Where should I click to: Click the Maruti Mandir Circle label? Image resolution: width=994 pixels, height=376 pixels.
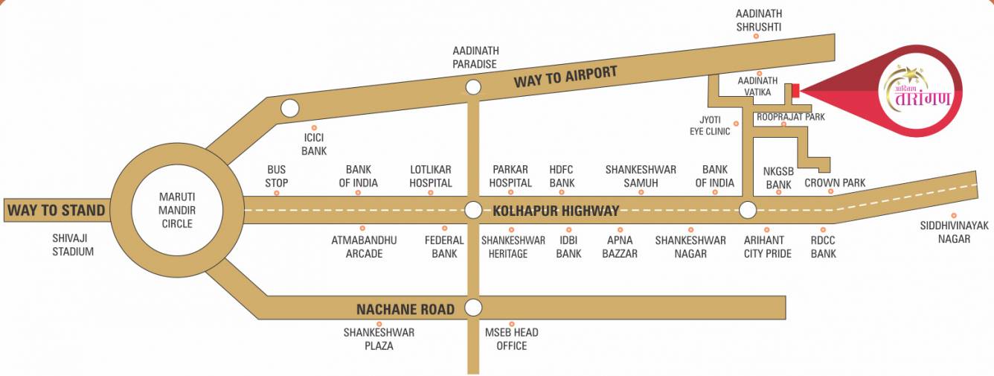tap(176, 210)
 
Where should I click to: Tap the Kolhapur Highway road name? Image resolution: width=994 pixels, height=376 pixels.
tap(556, 211)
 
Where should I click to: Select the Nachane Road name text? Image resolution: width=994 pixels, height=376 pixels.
tap(405, 309)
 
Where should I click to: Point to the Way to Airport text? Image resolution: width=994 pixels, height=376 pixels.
tap(565, 77)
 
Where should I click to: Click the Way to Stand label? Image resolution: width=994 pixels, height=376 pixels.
tap(56, 210)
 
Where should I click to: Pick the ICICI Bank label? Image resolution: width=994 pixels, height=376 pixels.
tap(314, 144)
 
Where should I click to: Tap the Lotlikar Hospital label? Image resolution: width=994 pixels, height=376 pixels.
tap(431, 176)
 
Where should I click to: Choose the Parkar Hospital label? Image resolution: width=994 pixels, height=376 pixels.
tap(510, 176)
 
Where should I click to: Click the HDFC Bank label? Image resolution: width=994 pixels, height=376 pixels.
tap(562, 176)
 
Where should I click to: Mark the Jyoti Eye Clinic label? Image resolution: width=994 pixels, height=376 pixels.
tap(710, 125)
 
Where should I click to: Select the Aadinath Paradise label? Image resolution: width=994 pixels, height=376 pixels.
tap(475, 57)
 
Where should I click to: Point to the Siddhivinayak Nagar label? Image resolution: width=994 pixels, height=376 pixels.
tap(955, 232)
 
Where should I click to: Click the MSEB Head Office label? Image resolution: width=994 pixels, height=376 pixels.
tap(512, 339)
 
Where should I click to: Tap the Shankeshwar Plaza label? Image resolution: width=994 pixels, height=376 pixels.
tap(379, 339)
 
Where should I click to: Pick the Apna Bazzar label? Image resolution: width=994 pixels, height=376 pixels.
tap(620, 246)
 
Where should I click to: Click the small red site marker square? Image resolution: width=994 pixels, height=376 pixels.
tap(795, 91)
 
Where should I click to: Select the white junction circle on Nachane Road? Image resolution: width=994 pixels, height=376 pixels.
tap(473, 308)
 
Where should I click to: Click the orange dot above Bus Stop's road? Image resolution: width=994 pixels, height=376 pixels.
tap(277, 193)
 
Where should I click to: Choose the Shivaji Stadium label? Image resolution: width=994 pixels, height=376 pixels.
tap(73, 245)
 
